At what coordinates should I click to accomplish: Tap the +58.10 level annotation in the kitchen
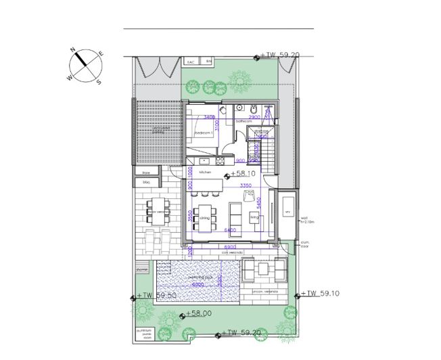(x=241, y=174)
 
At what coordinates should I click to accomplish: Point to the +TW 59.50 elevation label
(x=157, y=296)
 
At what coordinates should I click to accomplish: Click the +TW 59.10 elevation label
(x=319, y=294)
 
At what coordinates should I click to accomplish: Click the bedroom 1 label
(x=204, y=133)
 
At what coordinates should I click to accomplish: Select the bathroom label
(x=243, y=121)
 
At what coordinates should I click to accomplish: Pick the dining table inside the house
(x=204, y=217)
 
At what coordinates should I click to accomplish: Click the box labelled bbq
(x=145, y=182)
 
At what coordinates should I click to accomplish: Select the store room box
(x=145, y=173)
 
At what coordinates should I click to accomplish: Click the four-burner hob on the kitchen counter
(x=220, y=160)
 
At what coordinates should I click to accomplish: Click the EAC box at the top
(x=191, y=62)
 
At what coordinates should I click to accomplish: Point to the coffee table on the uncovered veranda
(x=262, y=271)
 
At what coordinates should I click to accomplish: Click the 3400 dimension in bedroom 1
(x=201, y=117)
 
